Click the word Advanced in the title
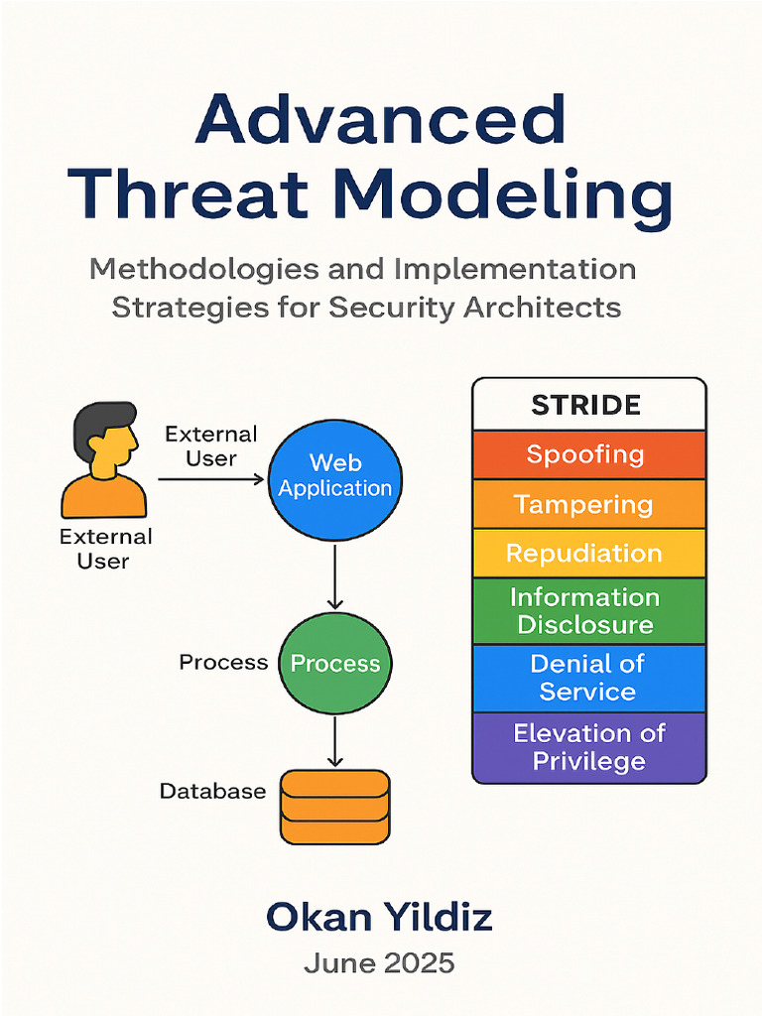(380, 122)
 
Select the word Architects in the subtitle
(538, 307)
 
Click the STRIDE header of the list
(586, 405)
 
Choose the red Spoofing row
(586, 455)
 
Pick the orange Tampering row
(586, 505)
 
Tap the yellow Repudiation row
(586, 554)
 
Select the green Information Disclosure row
(586, 610)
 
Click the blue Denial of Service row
(586, 678)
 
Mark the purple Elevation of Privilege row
(586, 747)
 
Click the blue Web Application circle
(335, 477)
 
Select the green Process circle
(335, 663)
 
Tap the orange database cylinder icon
(334, 807)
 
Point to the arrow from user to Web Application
(210, 479)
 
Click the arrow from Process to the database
(335, 740)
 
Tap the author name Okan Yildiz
(380, 919)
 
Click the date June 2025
(380, 963)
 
